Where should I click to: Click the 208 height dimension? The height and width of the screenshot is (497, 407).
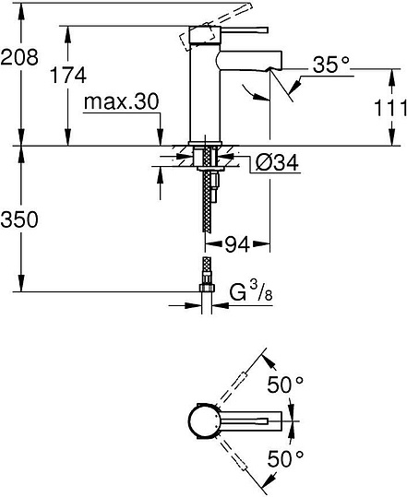pos(18,57)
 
